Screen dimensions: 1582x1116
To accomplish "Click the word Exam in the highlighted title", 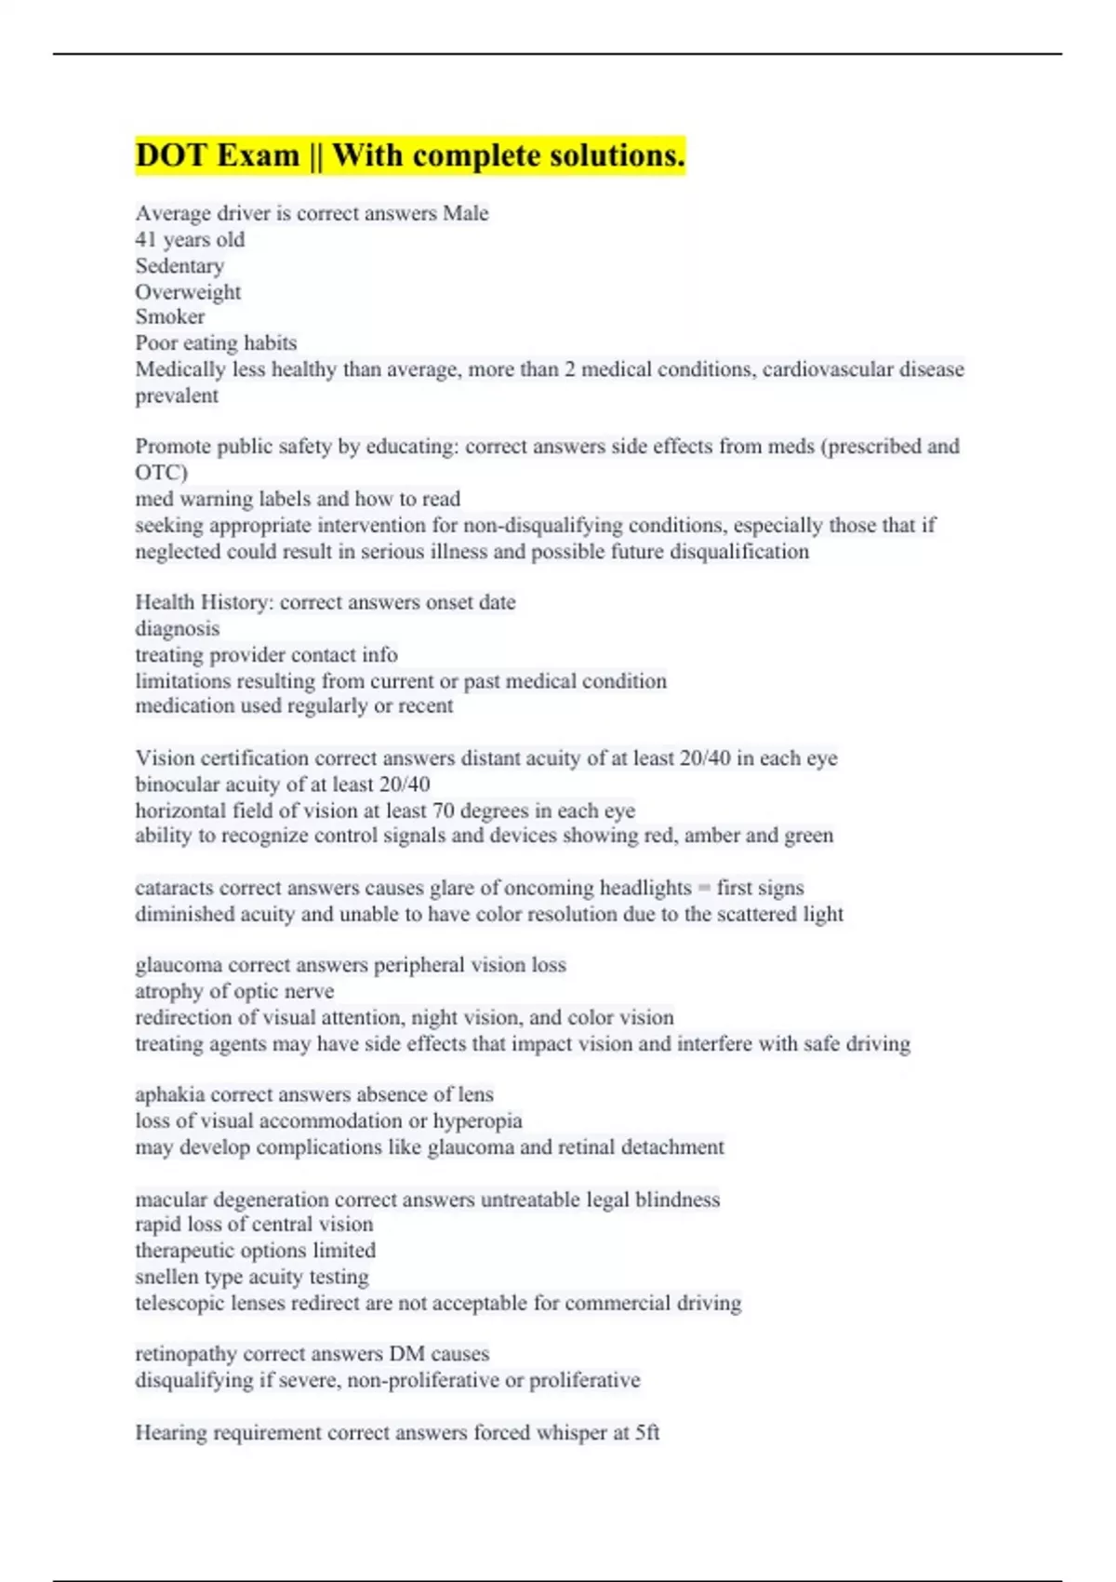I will [259, 155].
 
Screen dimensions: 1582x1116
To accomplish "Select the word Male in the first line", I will [465, 214].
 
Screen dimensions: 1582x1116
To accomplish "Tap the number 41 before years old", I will [146, 240].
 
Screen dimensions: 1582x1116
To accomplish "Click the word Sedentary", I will [179, 266].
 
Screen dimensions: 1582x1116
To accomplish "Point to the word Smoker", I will [169, 317].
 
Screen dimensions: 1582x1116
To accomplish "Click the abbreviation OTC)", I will [161, 473].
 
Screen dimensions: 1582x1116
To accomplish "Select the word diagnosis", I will [178, 629].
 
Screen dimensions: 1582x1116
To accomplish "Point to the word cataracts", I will [174, 888].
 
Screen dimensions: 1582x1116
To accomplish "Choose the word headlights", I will [645, 888].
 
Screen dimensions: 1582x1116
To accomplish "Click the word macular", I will [171, 1200].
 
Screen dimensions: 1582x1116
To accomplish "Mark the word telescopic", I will [179, 1303].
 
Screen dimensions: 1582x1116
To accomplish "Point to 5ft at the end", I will [647, 1433].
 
